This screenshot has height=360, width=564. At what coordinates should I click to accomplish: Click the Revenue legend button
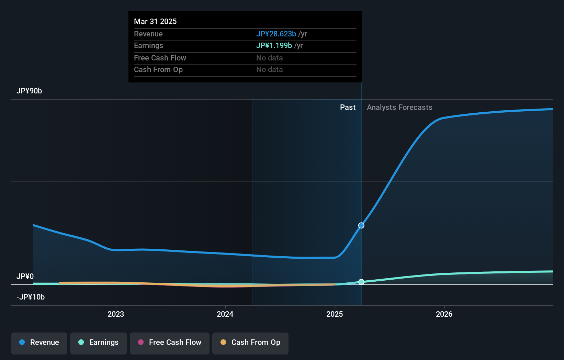coord(39,343)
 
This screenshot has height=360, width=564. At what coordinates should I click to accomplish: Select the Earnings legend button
coord(99,343)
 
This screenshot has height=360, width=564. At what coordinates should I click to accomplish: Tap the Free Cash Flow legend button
coord(170,343)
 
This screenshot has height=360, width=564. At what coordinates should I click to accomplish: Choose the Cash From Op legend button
coord(250,343)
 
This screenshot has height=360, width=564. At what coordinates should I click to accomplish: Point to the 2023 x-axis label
coord(116,314)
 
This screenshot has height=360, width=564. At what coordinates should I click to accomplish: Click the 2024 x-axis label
coord(225,314)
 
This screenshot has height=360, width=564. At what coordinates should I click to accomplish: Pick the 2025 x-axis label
coord(335,314)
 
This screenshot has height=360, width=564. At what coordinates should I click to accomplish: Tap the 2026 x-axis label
coord(444,314)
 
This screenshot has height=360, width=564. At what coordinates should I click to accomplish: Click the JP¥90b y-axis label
coord(29,91)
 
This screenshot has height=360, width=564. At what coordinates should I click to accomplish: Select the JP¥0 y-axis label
coord(25,277)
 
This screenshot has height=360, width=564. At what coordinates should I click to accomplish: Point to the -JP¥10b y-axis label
coord(31,297)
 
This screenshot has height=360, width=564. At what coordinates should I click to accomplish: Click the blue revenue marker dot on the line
coord(361,225)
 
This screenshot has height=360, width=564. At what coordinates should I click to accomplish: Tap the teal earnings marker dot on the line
coord(361,282)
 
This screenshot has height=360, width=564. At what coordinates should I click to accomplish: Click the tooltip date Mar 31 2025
coord(155,21)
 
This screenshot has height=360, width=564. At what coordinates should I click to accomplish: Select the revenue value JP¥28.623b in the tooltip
coord(276,34)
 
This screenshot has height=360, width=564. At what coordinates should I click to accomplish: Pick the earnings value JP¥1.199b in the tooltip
coord(274,46)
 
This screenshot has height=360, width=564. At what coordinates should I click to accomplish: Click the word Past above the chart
coord(348,108)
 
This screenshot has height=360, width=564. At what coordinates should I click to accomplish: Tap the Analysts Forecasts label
coord(399,108)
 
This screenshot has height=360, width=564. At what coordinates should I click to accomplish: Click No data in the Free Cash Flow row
coord(270,58)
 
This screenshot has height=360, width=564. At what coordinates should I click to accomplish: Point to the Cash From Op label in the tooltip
coord(158,70)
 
